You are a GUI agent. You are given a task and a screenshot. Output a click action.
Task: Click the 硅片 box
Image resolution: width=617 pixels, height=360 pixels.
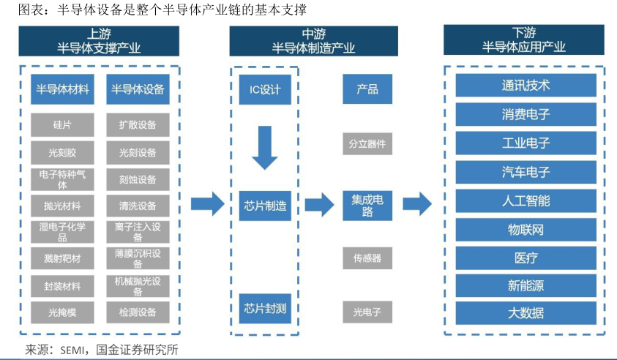pyautogui.click(x=62, y=125)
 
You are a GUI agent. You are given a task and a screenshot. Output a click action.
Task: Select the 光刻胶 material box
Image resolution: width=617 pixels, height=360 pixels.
pyautogui.click(x=62, y=152)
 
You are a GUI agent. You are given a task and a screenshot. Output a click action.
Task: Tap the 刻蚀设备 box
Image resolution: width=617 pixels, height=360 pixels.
pyautogui.click(x=137, y=179)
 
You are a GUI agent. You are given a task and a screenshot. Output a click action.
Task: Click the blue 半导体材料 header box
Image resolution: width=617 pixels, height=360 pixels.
pyautogui.click(x=62, y=89)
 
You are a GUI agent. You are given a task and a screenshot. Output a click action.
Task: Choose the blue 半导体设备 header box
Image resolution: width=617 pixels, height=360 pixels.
pyautogui.click(x=137, y=89)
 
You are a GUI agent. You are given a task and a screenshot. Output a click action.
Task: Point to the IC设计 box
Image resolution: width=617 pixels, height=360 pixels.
pyautogui.click(x=264, y=89)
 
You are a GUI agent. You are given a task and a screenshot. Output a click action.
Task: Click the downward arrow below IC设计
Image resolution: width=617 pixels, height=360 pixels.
pyautogui.click(x=264, y=146)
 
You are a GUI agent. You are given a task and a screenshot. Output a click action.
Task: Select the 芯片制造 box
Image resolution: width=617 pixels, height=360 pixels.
pyautogui.click(x=264, y=206)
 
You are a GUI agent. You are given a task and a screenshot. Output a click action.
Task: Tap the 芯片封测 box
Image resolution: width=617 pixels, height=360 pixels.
pyautogui.click(x=264, y=308)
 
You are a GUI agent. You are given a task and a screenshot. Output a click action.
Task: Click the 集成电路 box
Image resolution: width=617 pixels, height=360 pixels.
pyautogui.click(x=367, y=206)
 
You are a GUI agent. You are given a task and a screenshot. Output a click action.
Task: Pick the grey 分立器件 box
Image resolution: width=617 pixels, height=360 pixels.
pyautogui.click(x=367, y=143)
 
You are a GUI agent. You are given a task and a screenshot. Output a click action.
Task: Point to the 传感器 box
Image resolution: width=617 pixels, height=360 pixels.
pyautogui.click(x=367, y=258)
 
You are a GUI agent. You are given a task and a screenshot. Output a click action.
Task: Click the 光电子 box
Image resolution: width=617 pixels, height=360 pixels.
pyautogui.click(x=367, y=312)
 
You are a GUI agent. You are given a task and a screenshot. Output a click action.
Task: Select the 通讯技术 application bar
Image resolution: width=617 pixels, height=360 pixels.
pyautogui.click(x=526, y=85)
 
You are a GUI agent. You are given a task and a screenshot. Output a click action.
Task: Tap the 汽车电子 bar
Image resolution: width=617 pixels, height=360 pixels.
pyautogui.click(x=526, y=172)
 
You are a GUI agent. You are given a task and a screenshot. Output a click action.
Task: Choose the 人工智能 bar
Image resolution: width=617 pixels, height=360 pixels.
pyautogui.click(x=526, y=200)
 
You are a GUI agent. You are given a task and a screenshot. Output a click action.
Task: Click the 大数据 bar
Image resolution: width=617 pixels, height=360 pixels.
pyautogui.click(x=526, y=313)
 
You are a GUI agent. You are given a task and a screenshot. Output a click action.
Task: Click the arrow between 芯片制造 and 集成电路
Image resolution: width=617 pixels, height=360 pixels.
pyautogui.click(x=318, y=205)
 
